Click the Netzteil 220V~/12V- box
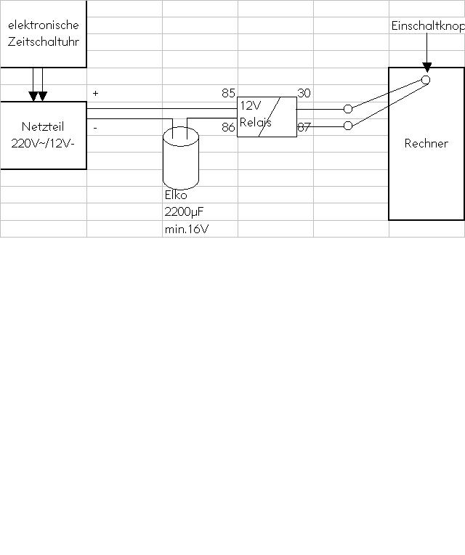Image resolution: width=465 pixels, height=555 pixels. [43, 135]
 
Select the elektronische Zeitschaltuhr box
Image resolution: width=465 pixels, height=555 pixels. [43, 34]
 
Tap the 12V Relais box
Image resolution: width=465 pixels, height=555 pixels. [267, 117]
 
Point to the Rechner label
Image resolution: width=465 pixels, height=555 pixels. [426, 143]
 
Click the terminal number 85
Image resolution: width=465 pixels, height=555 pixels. [228, 93]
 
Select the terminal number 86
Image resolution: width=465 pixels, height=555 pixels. [228, 127]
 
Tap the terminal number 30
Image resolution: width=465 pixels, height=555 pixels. [304, 93]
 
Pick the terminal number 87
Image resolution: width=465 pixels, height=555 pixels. [304, 127]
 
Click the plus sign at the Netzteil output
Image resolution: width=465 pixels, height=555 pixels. [95, 94]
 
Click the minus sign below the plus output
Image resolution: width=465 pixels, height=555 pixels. [95, 128]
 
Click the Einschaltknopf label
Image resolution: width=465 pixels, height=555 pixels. [427, 25]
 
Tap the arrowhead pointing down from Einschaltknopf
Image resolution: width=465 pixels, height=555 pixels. [426, 67]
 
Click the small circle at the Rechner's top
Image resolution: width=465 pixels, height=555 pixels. [426, 80]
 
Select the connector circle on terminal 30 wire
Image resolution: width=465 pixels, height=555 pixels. [347, 109]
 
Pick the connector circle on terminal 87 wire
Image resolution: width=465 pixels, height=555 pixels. [347, 126]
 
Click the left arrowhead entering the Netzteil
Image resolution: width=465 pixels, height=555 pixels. [33, 96]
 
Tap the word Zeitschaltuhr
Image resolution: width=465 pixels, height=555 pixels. [43, 42]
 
